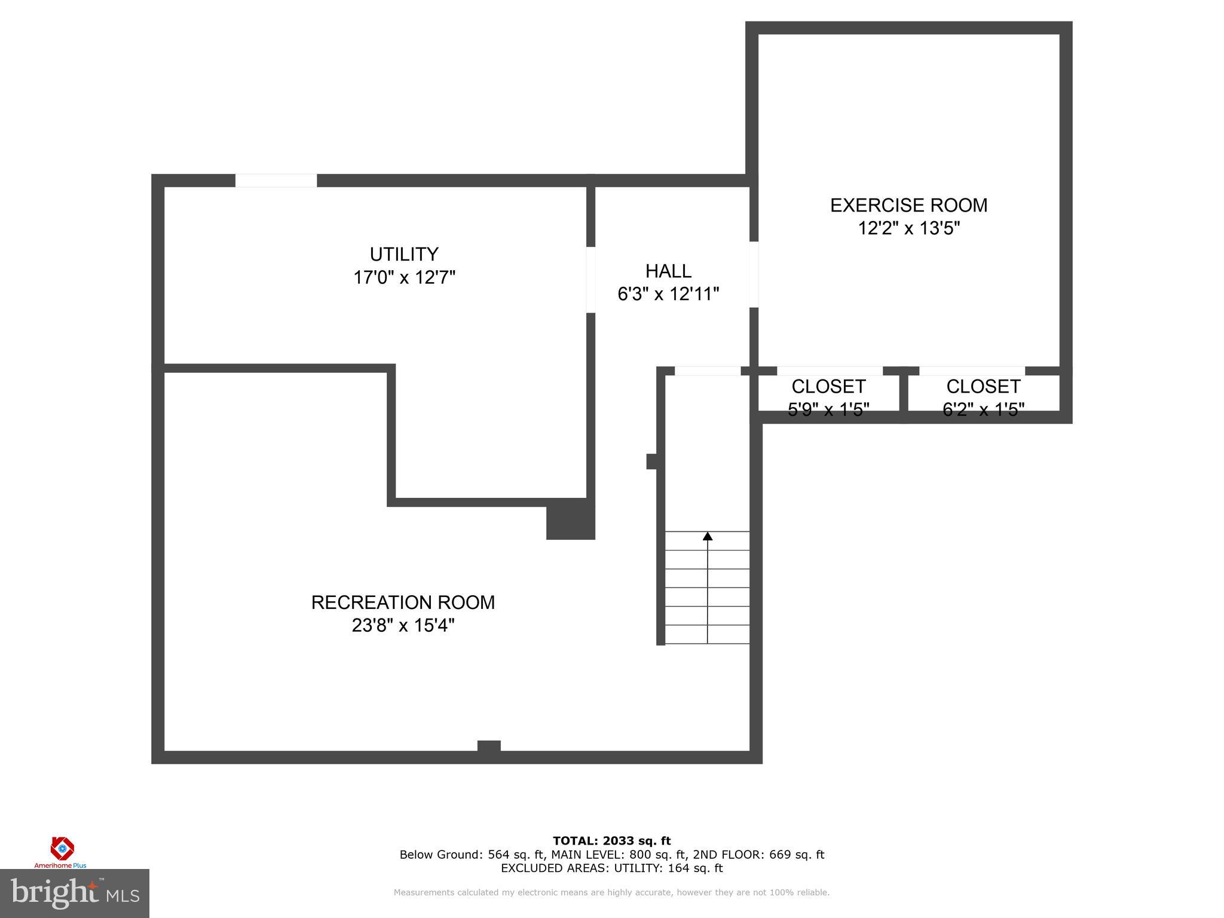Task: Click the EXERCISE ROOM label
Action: pos(908,206)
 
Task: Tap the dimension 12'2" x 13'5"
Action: pos(908,228)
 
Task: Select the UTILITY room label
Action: pos(404,255)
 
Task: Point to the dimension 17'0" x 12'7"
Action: pos(404,278)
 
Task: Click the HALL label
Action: pos(668,271)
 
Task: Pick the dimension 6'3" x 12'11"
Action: pos(668,294)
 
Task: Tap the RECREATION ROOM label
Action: pos(403,602)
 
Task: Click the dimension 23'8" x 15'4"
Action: pos(403,626)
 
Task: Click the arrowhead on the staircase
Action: pos(708,536)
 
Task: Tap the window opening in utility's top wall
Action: pos(276,180)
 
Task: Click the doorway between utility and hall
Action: pos(590,280)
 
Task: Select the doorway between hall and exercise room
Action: pos(754,274)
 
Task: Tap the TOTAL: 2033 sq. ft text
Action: pos(611,841)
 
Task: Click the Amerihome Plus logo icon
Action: pos(62,848)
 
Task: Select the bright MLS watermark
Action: pos(75,893)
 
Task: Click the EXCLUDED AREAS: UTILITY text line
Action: pos(611,868)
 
